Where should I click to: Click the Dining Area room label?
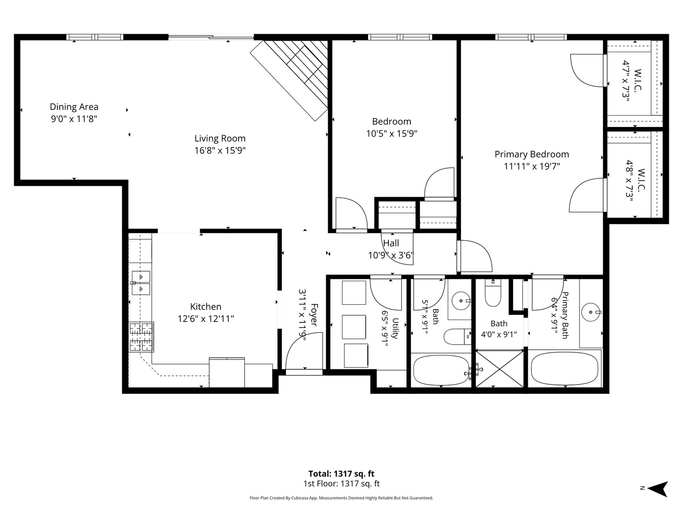click(74, 107)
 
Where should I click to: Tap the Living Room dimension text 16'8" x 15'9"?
click(220, 150)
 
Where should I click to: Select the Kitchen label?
click(206, 307)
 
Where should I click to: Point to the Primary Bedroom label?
click(532, 154)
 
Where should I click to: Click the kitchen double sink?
click(141, 283)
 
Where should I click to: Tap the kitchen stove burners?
click(141, 337)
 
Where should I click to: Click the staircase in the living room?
click(289, 80)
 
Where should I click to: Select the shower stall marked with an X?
click(499, 369)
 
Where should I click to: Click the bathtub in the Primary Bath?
click(564, 369)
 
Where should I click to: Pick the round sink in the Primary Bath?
click(591, 312)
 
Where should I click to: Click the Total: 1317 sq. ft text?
click(341, 474)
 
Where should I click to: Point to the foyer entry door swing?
click(304, 351)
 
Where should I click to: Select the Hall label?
click(391, 243)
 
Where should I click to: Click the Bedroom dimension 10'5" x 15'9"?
click(391, 134)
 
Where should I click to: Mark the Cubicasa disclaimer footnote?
click(341, 498)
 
